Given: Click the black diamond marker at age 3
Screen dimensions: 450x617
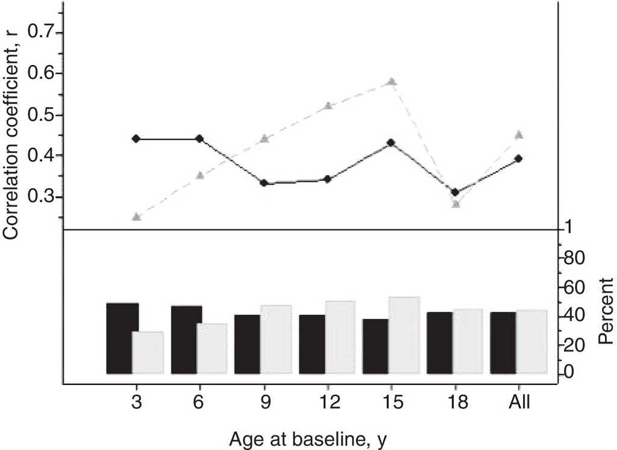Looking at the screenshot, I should pos(136,139).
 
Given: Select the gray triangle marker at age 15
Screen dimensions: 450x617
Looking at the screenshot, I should pos(392,82).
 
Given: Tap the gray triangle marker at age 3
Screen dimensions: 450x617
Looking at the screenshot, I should pos(136,217).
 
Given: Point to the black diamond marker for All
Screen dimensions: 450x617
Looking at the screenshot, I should pos(519,159).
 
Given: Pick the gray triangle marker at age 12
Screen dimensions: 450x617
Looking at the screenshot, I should pos(328,106).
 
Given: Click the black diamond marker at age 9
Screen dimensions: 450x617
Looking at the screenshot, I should pos(264,183).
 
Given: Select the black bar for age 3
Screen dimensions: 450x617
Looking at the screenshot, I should pos(122,338).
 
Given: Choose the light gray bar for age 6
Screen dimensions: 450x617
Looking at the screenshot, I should pos(211,348).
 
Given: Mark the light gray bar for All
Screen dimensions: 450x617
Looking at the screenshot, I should pos(531,342).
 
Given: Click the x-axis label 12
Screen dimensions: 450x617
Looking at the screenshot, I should pos(327,402).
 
